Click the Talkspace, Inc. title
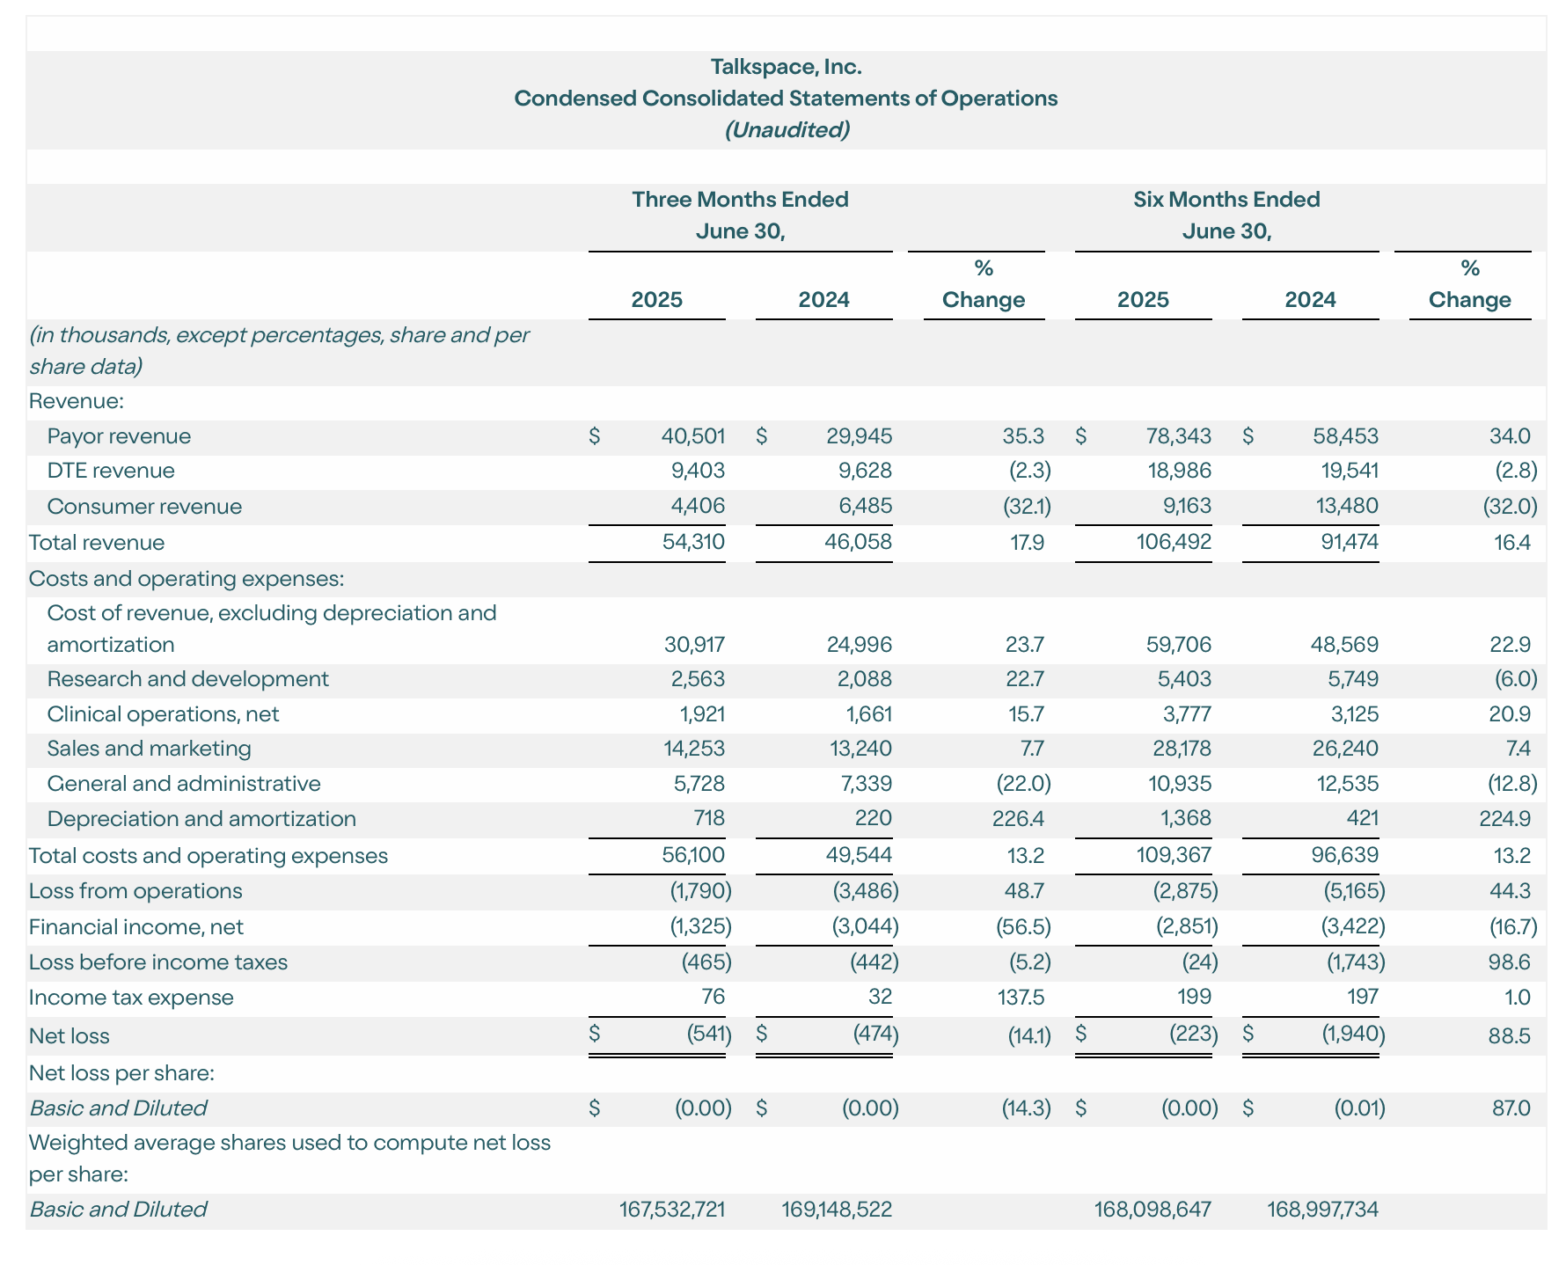pyautogui.click(x=786, y=67)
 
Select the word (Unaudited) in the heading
pyautogui.click(x=786, y=130)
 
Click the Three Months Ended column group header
pyautogui.click(x=740, y=200)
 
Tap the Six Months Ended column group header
pyautogui.click(x=1226, y=200)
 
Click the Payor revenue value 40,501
pyautogui.click(x=693, y=436)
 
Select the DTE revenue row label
pyautogui.click(x=111, y=471)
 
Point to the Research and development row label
pyautogui.click(x=187, y=679)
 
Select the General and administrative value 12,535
pyautogui.click(x=1345, y=784)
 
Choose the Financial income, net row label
pyautogui.click(x=135, y=927)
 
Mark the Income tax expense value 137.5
pyautogui.click(x=1020, y=998)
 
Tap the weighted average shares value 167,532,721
pyautogui.click(x=672, y=1210)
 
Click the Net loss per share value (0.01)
pyautogui.click(x=1358, y=1108)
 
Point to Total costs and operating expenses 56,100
pyautogui.click(x=693, y=856)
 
